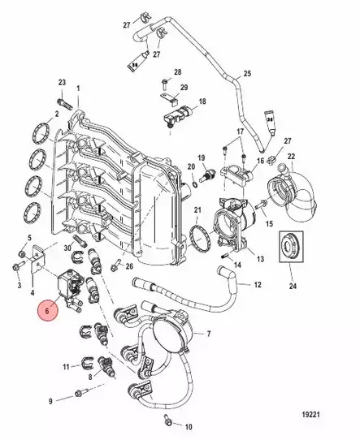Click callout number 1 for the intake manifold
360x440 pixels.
[x=78, y=88]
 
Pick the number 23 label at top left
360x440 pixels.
[x=62, y=84]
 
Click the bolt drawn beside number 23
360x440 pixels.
[x=66, y=101]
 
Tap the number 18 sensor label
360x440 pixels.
[x=202, y=101]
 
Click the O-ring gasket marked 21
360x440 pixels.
[x=198, y=236]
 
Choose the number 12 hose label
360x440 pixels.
[x=257, y=285]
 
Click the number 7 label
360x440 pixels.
[x=209, y=334]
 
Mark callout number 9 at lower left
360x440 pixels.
[x=50, y=401]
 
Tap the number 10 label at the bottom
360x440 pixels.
[x=189, y=425]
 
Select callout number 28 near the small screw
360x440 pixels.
[x=178, y=72]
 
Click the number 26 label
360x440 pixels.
[x=128, y=265]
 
